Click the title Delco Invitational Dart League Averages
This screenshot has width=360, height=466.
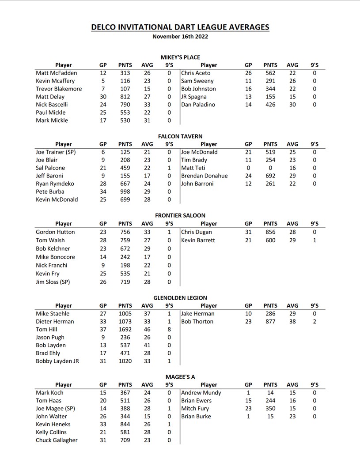pyautogui.click(x=180, y=27)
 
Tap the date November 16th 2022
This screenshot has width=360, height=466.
pyautogui.click(x=180, y=37)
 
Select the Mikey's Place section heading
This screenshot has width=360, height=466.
pyautogui.click(x=180, y=57)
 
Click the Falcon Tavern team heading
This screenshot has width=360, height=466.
pyautogui.click(x=180, y=136)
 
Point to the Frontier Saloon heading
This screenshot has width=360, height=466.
pyautogui.click(x=180, y=215)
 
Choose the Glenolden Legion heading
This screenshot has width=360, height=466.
pyautogui.click(x=180, y=298)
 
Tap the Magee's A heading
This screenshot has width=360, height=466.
pyautogui.click(x=180, y=377)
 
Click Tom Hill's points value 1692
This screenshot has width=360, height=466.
pyautogui.click(x=125, y=330)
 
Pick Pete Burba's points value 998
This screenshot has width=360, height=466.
pyautogui.click(x=125, y=192)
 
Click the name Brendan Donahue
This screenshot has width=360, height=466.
pyautogui.click(x=204, y=176)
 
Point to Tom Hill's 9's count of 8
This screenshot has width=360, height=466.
pyautogui.click(x=169, y=330)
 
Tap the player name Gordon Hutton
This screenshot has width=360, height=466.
pyautogui.click(x=55, y=232)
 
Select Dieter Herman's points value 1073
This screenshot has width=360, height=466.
pyautogui.click(x=125, y=322)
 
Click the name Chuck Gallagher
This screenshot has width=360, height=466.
pyautogui.click(x=57, y=440)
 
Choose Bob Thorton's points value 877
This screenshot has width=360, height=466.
pyautogui.click(x=270, y=322)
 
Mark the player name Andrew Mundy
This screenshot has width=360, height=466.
pyautogui.click(x=201, y=393)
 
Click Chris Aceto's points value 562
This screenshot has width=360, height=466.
pyautogui.click(x=270, y=73)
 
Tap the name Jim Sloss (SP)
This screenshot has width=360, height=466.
pyautogui.click(x=53, y=282)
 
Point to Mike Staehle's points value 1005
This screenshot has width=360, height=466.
pyautogui.click(x=125, y=314)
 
